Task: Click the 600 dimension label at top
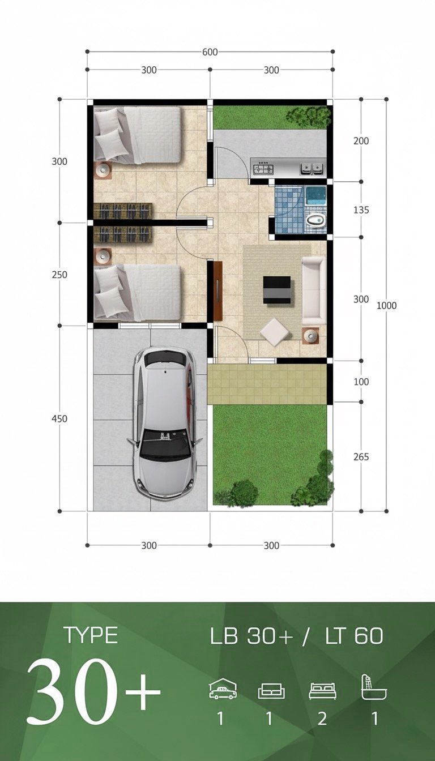point(210,52)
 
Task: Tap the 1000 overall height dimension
point(386,306)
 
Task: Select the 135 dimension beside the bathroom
point(361,210)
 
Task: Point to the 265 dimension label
point(361,456)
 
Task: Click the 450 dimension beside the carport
point(59,419)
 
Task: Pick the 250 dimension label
point(59,275)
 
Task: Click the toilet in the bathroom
point(315,220)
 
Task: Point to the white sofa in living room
point(313,290)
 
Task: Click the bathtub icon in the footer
point(374,688)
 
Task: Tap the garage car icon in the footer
point(223,690)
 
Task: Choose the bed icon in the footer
point(322,691)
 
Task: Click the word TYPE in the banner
point(91,635)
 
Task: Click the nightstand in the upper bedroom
point(104,169)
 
